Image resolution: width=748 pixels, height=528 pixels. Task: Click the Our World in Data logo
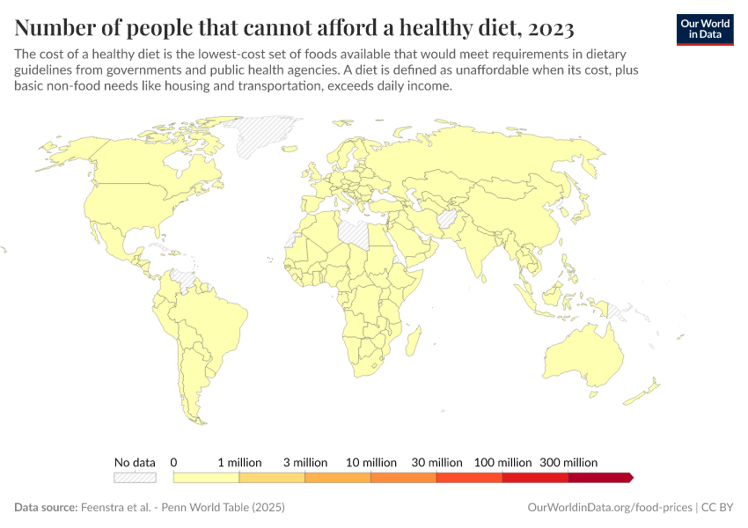(704, 29)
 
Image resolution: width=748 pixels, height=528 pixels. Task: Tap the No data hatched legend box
(135, 477)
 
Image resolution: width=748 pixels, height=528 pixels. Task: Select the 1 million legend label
(239, 462)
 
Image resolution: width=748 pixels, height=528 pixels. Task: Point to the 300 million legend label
(568, 462)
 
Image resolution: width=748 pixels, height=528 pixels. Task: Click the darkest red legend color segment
(599, 477)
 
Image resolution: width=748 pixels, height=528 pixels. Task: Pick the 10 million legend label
(371, 462)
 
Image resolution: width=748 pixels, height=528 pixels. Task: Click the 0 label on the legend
(174, 462)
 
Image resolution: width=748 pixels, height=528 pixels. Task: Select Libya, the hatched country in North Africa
(356, 232)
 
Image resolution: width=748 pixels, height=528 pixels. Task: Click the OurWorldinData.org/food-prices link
(609, 508)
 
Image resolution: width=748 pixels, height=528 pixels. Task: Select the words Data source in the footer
(45, 508)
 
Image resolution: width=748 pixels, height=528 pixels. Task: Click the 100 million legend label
(502, 462)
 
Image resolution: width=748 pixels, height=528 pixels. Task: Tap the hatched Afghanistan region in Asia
(446, 218)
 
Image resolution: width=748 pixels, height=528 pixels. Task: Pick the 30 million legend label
(437, 462)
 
